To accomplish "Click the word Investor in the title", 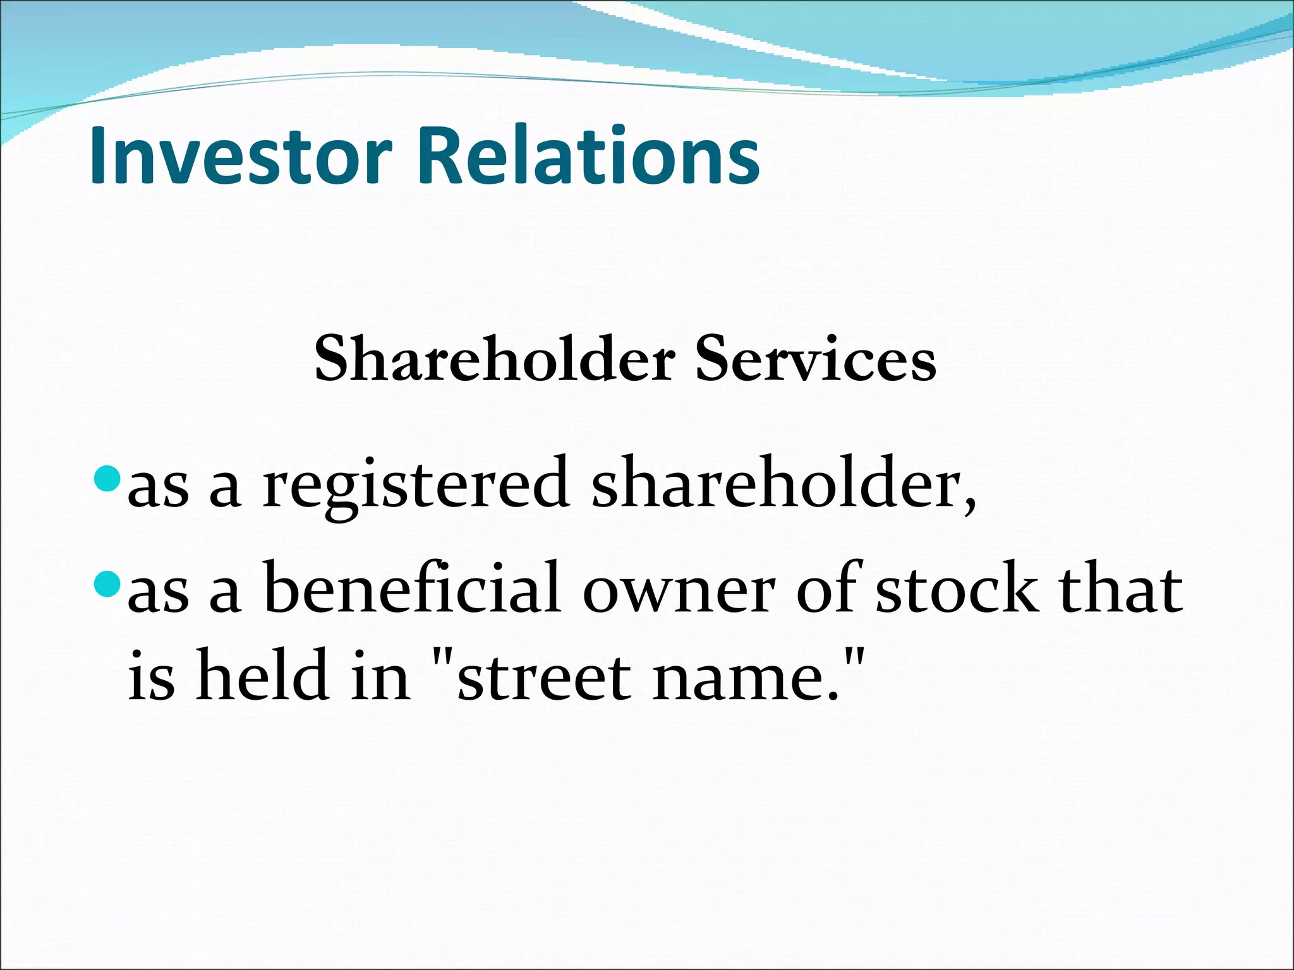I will [x=241, y=156].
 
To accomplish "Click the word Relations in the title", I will [x=588, y=156].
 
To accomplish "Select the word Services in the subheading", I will [x=815, y=359].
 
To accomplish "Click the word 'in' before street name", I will [x=380, y=676].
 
